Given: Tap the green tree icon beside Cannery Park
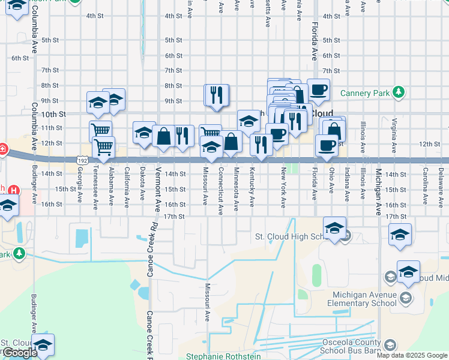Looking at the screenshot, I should (398, 92).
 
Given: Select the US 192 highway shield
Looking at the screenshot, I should (83, 160).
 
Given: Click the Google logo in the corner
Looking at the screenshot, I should (19, 353).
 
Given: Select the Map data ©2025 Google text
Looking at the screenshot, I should (411, 355).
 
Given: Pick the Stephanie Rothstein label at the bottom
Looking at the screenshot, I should (223, 356).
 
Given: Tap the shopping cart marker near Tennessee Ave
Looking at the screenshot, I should (104, 146).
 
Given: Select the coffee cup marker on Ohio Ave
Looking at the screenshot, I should (327, 145).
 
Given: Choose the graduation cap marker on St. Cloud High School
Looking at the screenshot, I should (334, 228).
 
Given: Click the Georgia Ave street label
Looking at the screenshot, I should (80, 183).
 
